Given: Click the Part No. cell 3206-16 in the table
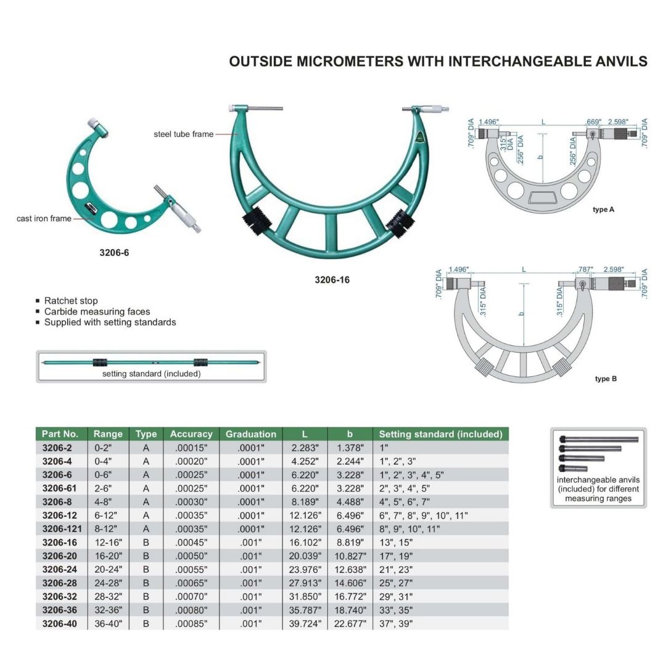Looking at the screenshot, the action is click(59, 543).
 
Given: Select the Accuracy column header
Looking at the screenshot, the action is click(191, 434).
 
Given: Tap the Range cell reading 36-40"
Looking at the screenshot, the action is click(108, 623).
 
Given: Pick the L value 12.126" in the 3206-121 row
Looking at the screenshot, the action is click(305, 529).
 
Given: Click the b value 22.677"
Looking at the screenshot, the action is click(350, 623).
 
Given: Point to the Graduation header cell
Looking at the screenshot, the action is click(250, 434).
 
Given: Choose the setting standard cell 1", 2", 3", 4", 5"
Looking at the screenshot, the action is click(411, 475).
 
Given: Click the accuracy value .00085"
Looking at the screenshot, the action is click(191, 623).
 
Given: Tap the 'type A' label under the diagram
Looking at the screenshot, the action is click(603, 210).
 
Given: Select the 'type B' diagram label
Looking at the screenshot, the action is click(606, 379).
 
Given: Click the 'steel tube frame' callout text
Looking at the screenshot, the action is click(184, 134).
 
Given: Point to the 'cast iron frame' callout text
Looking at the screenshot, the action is click(44, 218).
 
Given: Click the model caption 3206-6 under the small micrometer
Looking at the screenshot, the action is click(114, 253).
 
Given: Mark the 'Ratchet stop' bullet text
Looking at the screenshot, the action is click(71, 301).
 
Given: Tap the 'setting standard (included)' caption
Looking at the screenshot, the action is click(151, 374).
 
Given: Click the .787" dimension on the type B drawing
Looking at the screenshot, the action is click(585, 269).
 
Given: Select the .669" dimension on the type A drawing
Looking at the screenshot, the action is click(594, 122).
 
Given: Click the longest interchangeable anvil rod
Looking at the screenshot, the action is click(599, 440).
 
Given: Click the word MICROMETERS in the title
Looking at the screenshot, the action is click(350, 62).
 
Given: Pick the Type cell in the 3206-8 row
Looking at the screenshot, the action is click(146, 501).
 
